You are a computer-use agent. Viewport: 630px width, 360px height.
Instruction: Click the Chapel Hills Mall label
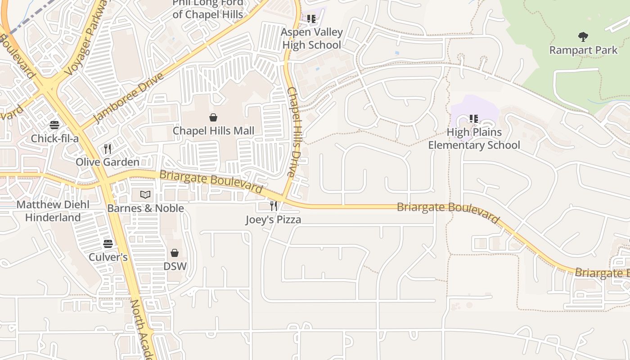pyautogui.click(x=214, y=131)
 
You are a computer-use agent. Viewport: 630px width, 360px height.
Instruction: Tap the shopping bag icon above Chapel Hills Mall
pyautogui.click(x=214, y=117)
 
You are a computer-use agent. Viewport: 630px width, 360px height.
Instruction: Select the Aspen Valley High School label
pyautogui.click(x=311, y=39)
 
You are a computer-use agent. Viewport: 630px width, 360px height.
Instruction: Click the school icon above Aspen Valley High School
pyautogui.click(x=311, y=19)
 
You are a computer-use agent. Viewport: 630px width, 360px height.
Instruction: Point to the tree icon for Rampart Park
pyautogui.click(x=583, y=36)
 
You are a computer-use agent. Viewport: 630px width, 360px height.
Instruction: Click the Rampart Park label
pyautogui.click(x=583, y=50)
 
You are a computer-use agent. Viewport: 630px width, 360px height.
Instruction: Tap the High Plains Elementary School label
pyautogui.click(x=474, y=139)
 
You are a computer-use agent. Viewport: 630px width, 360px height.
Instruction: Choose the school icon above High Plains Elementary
pyautogui.click(x=474, y=119)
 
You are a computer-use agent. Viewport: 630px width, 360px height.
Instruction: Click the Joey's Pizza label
pyautogui.click(x=273, y=220)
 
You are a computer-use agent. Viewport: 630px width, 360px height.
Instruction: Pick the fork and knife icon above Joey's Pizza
pyautogui.click(x=273, y=206)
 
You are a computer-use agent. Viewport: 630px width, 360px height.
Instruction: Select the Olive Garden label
pyautogui.click(x=108, y=162)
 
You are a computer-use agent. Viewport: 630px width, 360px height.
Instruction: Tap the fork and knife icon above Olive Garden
pyautogui.click(x=108, y=148)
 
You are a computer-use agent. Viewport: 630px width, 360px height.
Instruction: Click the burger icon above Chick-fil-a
pyautogui.click(x=54, y=125)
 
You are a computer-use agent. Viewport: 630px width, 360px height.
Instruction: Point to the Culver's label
pyautogui.click(x=108, y=257)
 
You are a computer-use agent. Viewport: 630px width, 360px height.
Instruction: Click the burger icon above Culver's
pyautogui.click(x=108, y=244)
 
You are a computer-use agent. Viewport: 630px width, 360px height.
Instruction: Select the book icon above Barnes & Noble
pyautogui.click(x=145, y=194)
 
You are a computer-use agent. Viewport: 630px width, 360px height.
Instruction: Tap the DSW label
pyautogui.click(x=175, y=266)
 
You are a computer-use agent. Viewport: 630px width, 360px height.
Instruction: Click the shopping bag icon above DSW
pyautogui.click(x=175, y=253)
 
